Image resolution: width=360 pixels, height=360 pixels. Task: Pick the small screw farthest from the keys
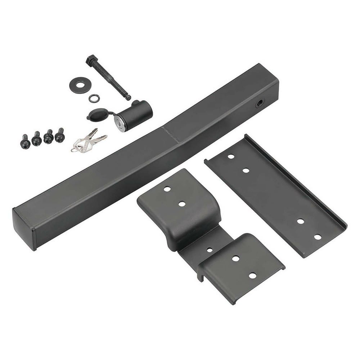pos(25,141)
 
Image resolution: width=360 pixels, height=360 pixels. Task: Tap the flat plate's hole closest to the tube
pos(231,157)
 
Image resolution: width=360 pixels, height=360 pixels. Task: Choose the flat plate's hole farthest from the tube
pos(318,237)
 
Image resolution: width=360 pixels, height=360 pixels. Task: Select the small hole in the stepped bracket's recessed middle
pos(210,249)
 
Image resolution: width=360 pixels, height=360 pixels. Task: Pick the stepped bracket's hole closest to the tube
pos(167,189)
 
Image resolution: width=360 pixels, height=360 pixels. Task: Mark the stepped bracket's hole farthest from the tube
pos(252,275)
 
